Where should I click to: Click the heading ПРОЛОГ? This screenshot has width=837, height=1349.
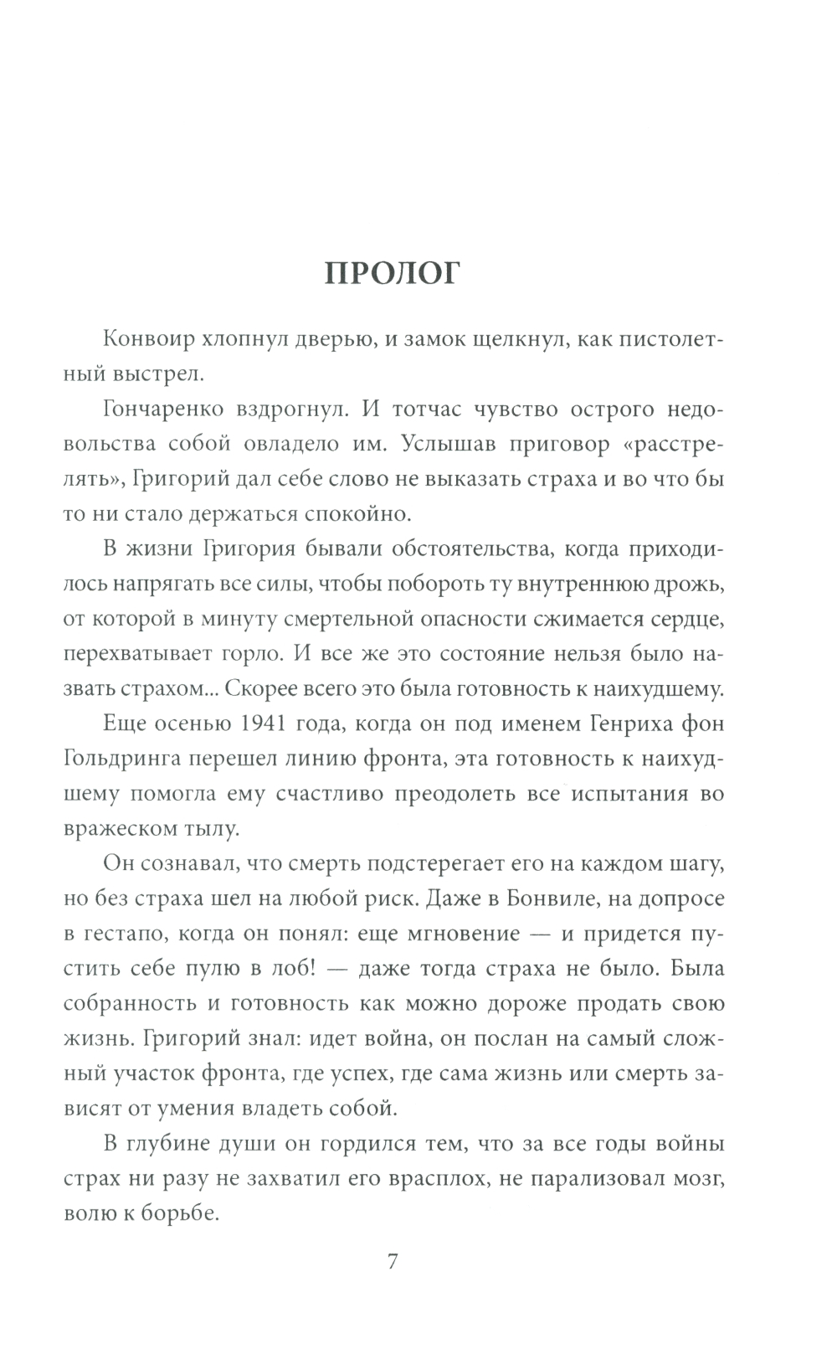[393, 274]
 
